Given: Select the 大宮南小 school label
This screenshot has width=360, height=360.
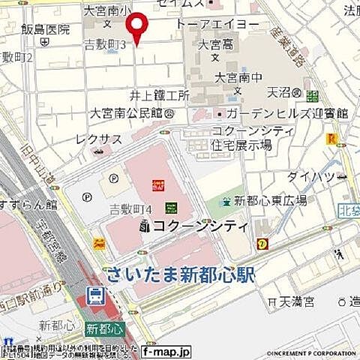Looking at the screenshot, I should [x=108, y=11].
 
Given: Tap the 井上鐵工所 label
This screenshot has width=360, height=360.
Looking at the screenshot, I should [x=158, y=96].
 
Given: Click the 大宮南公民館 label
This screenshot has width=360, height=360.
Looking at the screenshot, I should [x=127, y=113].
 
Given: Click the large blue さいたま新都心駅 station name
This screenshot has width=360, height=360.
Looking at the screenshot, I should [x=180, y=275].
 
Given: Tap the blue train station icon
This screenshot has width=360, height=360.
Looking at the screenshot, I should [x=95, y=298].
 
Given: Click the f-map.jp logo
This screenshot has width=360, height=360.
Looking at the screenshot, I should [x=166, y=350].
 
